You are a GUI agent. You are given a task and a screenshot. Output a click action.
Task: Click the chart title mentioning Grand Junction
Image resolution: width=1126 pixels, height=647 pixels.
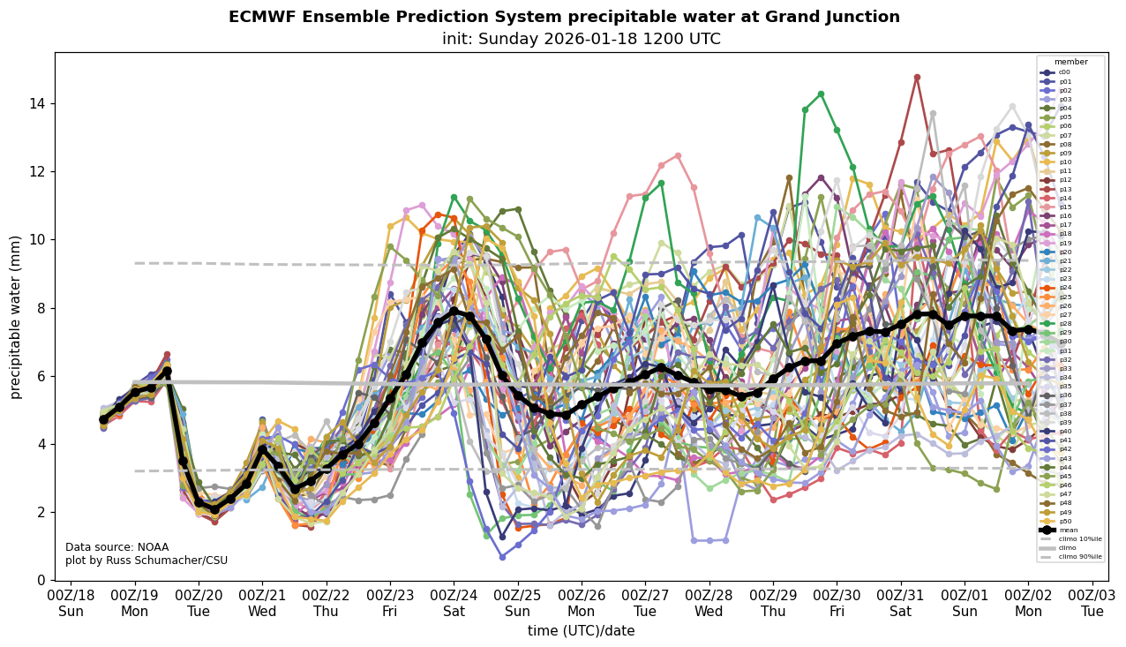coord(564,17)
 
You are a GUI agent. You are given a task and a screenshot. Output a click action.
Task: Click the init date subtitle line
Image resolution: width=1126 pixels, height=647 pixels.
coord(581,39)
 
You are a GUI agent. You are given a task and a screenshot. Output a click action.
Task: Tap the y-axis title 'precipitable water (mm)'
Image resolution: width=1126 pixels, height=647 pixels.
coord(16,317)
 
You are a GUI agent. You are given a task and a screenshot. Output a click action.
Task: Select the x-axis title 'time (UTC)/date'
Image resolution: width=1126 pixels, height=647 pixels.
coord(581,631)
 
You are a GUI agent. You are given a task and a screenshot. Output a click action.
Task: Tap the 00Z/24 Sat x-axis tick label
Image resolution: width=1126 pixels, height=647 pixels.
coord(454,604)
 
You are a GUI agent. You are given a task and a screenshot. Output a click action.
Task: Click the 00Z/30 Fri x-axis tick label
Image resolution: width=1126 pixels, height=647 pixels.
coord(837,604)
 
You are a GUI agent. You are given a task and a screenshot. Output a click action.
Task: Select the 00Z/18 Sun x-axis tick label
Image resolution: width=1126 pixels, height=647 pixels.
coord(71,604)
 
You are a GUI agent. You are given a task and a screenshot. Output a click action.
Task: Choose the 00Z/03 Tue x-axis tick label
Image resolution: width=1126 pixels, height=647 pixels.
coord(1092,604)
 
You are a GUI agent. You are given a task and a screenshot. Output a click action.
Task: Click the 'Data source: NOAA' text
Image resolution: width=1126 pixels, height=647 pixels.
coord(116,547)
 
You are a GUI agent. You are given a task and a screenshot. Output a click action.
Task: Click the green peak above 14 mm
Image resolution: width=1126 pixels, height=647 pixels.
coord(821,94)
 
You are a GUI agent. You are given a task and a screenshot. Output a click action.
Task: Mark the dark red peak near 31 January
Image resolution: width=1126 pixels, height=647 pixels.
coord(917,78)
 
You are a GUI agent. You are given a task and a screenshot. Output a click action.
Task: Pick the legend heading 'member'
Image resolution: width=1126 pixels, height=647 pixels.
coord(1070,62)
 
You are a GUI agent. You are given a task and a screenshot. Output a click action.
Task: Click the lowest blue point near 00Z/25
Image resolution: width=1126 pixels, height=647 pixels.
coord(502,557)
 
